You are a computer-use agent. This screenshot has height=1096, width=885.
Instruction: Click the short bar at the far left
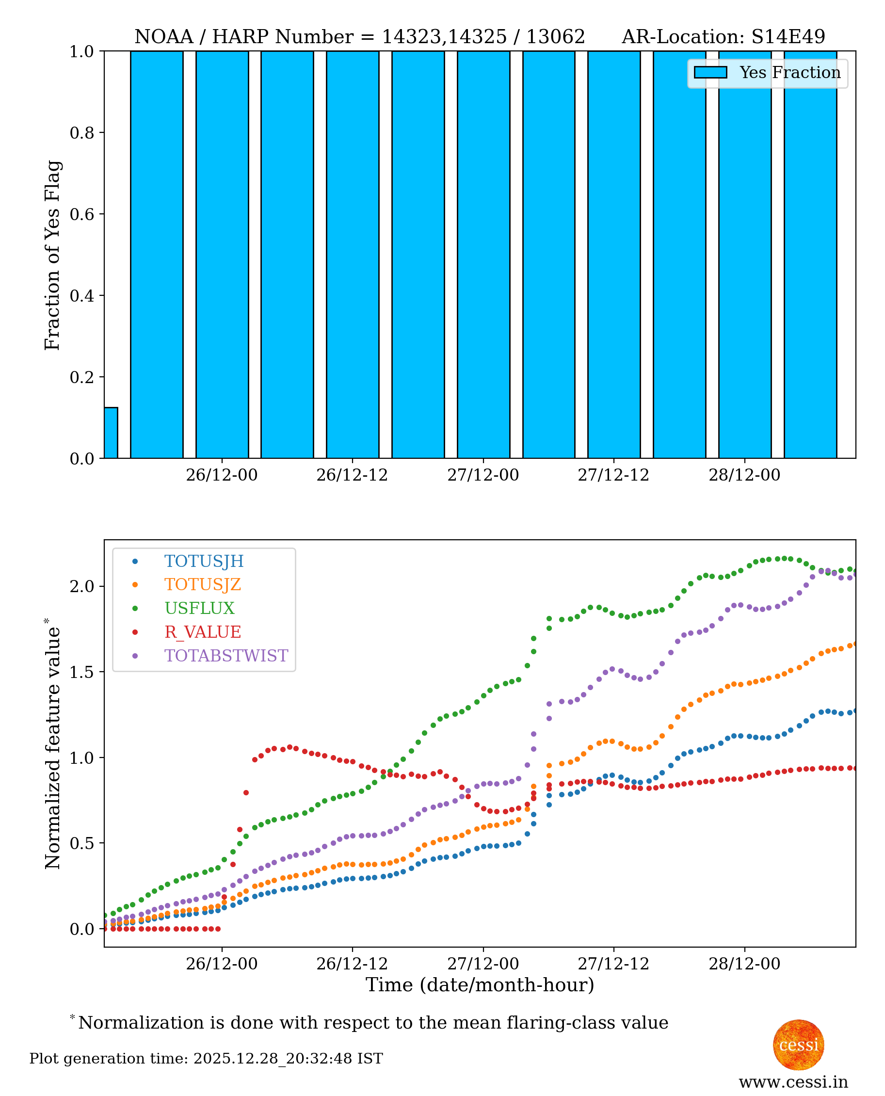coord(111,433)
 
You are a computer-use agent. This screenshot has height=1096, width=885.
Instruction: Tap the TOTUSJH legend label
coord(204,561)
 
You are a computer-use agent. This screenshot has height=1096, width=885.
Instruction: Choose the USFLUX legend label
coord(199,609)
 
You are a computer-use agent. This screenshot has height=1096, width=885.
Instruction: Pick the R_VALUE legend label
coord(202,632)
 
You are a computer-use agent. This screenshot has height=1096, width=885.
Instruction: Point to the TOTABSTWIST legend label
coord(226,656)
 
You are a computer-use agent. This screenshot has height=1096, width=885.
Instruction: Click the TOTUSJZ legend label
coord(202,585)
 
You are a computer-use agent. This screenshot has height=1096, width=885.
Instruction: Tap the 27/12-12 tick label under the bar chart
coord(613,475)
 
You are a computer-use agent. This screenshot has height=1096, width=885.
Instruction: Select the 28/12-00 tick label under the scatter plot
coord(744,964)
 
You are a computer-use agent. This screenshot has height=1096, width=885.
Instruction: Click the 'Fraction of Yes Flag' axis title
coord(52,255)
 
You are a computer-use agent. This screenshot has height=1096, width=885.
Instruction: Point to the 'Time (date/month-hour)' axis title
coord(480,985)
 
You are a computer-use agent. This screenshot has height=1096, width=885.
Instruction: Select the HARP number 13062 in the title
coord(555,37)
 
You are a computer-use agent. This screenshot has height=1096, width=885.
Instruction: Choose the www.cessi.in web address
coord(793,1082)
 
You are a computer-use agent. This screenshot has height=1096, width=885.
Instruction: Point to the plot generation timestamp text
coord(206,1059)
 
